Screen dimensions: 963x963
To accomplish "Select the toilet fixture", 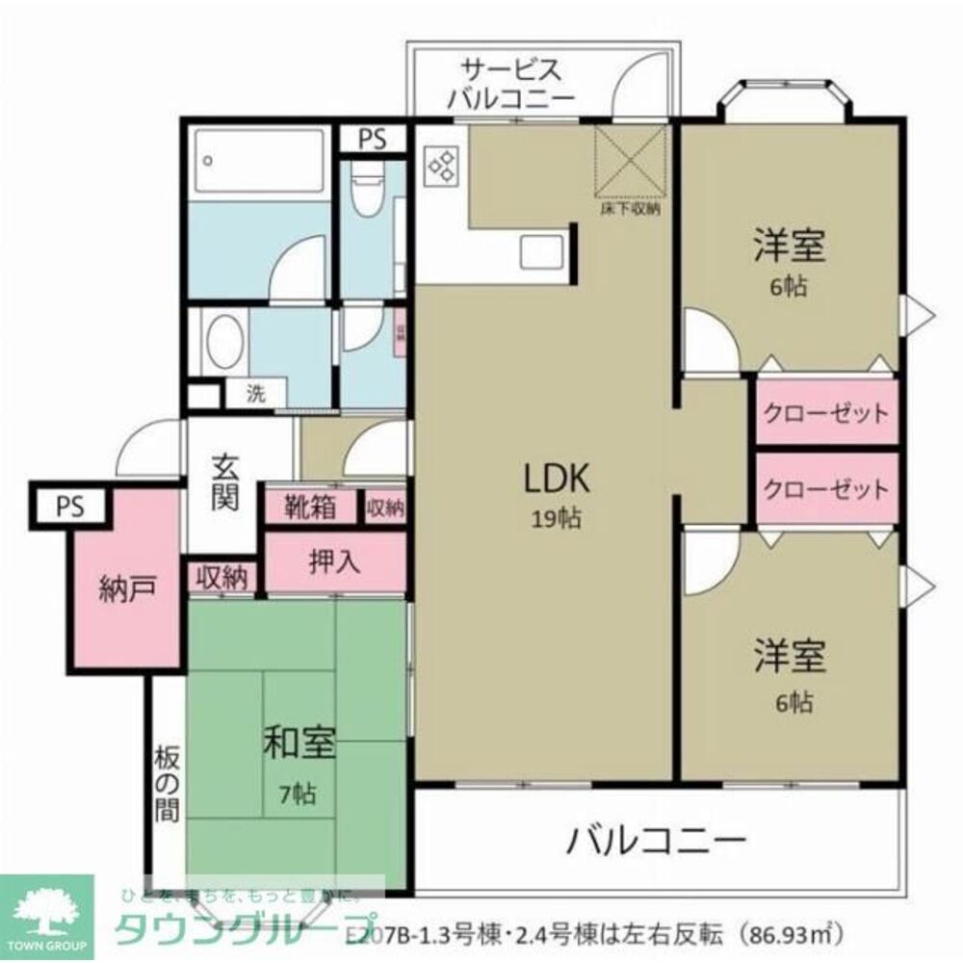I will click(x=366, y=188).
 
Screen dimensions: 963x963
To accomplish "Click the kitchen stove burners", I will click(x=443, y=165).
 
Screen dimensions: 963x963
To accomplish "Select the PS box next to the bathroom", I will click(x=373, y=139).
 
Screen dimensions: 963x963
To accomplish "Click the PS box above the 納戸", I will click(x=69, y=507).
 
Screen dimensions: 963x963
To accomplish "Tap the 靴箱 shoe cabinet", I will click(x=309, y=507).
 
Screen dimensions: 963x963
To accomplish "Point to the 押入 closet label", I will click(x=333, y=561).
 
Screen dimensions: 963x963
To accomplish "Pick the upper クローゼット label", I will click(x=825, y=414).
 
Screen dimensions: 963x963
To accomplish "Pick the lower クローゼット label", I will click(x=825, y=489).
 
